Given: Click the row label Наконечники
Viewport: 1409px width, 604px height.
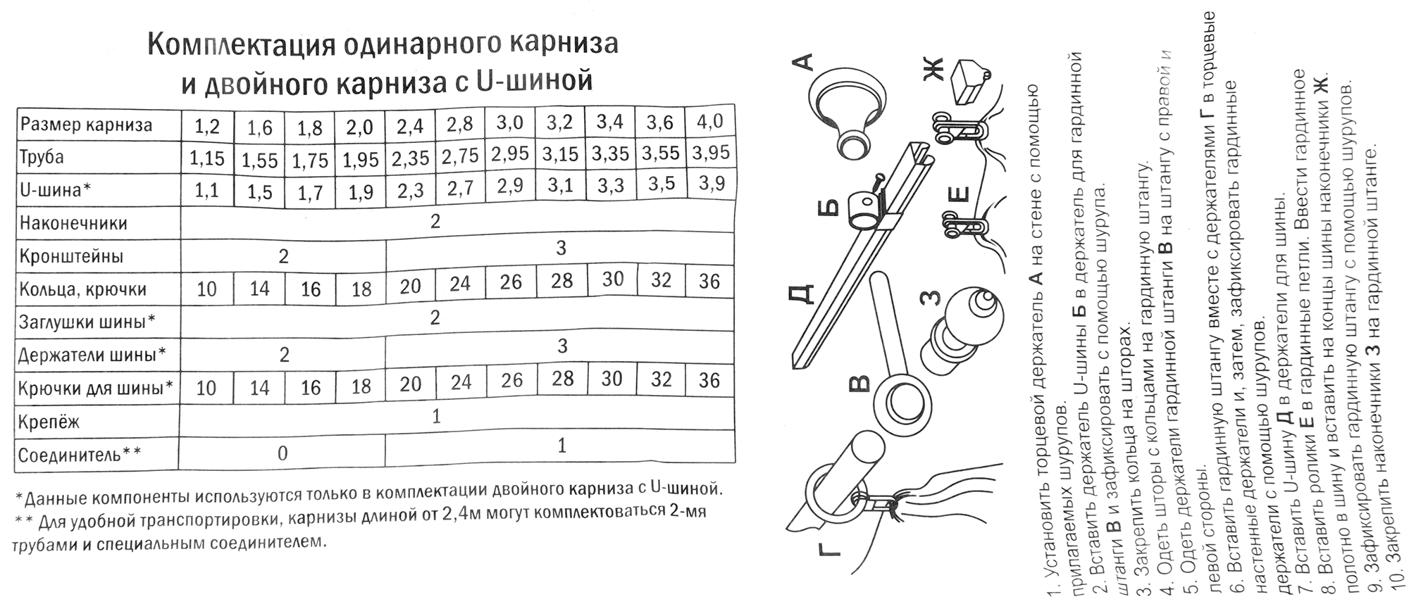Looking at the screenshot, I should pos(73,223).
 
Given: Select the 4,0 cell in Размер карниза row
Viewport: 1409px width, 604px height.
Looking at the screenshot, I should pos(709,121).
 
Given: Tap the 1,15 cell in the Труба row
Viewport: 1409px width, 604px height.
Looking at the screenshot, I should pos(206,158).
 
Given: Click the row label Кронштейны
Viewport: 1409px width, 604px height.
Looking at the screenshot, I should pos(71,256).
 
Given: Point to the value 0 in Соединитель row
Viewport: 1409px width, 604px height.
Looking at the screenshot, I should pos(283,453).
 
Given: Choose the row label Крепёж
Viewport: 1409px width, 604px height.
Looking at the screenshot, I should pos(49,421).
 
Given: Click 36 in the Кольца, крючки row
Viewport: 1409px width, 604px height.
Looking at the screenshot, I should pos(709,282).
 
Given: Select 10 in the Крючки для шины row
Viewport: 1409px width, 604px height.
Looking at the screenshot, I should pos(206,388).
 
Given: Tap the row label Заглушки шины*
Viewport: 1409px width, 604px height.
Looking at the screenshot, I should pos(87,322).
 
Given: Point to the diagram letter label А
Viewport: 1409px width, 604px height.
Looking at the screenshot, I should pos(804,63).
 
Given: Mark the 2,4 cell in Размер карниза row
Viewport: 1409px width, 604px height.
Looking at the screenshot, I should pos(410,126).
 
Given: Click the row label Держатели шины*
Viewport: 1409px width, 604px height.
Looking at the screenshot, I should pos(92,354).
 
